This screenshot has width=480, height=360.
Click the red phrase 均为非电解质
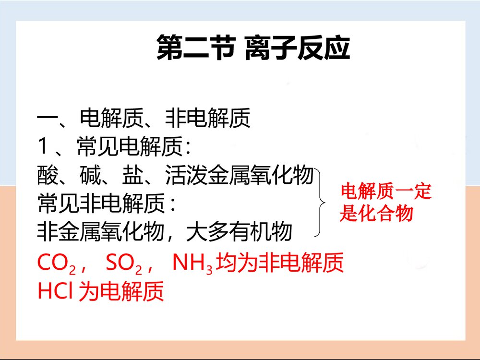(280, 264)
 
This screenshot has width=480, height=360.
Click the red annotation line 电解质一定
(386, 192)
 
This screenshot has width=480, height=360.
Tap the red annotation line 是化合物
(376, 214)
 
